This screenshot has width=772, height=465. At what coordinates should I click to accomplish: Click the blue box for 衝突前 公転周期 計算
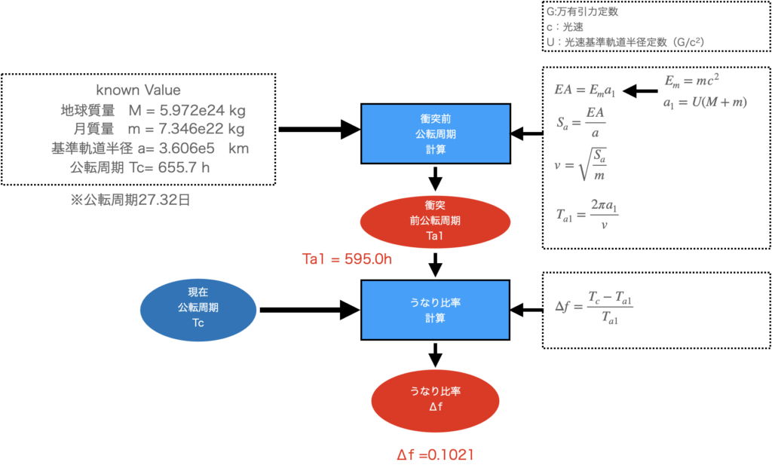[436, 133]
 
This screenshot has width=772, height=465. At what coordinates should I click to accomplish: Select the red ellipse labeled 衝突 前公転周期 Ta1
[436, 221]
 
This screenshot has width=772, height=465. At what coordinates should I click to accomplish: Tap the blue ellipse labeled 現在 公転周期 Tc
[198, 309]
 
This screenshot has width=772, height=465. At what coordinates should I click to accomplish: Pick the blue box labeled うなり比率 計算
[436, 310]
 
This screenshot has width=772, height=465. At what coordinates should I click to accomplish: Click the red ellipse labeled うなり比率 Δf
[436, 400]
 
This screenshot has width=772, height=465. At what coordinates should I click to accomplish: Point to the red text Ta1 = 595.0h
[347, 260]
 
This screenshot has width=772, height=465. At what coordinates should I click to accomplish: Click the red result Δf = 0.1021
[436, 454]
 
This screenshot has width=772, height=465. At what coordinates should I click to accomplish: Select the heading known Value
[139, 90]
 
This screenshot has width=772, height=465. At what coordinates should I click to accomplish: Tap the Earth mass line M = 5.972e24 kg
[154, 111]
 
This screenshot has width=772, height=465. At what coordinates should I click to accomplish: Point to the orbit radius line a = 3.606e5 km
[149, 148]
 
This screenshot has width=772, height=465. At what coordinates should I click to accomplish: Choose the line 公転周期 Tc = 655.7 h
[140, 167]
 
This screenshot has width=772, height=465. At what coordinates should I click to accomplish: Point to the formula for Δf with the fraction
[593, 307]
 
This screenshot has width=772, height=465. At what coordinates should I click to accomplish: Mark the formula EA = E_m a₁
[585, 90]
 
